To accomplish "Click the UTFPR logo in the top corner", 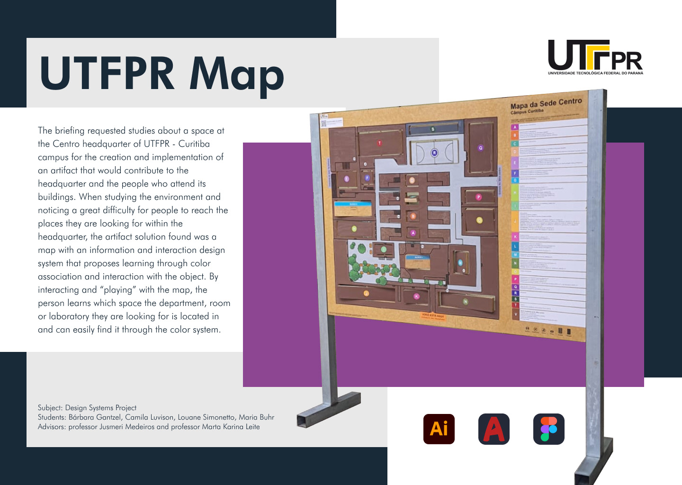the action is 595,57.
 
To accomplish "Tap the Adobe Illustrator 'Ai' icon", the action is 439,429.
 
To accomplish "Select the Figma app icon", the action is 548,429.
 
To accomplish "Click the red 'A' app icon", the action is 494,429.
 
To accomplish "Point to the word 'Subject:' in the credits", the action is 50,408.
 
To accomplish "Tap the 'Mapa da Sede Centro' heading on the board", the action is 546,103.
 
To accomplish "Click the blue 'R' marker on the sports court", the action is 435,153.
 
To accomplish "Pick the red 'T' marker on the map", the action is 379,143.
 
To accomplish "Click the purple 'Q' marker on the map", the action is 480,148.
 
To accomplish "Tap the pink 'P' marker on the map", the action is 478,197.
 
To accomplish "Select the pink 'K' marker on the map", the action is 416,296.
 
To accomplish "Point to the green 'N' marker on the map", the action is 465,302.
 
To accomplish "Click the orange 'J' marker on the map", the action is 366,294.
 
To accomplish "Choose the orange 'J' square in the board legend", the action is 515,221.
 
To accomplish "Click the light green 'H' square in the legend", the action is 515,193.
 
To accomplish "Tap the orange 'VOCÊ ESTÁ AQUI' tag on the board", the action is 433,316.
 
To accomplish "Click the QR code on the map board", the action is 324,124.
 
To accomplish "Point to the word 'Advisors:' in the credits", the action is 52,427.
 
